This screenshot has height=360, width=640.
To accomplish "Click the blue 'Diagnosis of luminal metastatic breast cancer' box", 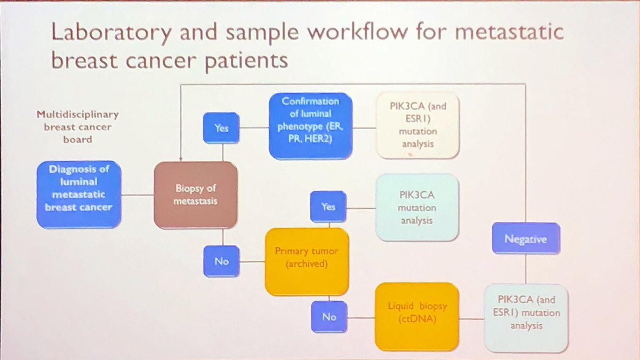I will click(78, 196).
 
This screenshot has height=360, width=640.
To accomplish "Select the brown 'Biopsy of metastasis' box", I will click(195, 196).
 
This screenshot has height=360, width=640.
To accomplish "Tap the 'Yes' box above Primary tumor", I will click(328, 206).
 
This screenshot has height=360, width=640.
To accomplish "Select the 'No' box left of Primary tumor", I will click(222, 262).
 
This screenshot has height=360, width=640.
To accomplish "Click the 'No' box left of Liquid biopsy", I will click(329, 316).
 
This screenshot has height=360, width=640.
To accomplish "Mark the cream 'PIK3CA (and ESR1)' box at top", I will click(418, 126).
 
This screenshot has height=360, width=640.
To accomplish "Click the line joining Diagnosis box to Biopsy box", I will click(138, 195).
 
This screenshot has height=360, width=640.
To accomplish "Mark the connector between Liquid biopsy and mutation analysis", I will click(471, 319).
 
